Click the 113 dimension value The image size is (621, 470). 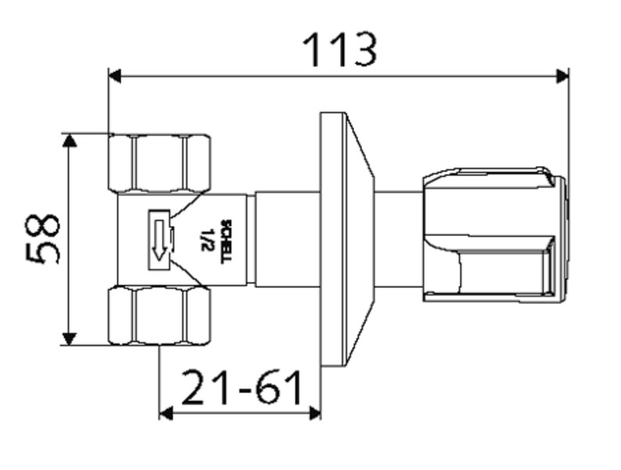[339, 50]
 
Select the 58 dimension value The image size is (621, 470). [42, 238]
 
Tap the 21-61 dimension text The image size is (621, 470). [242, 387]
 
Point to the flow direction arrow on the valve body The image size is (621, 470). [160, 240]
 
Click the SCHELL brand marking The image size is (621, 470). [228, 241]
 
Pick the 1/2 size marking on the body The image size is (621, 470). [206, 240]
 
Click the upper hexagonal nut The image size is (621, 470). [160, 164]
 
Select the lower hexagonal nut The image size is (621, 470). [160, 316]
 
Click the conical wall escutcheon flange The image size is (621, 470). [347, 240]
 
